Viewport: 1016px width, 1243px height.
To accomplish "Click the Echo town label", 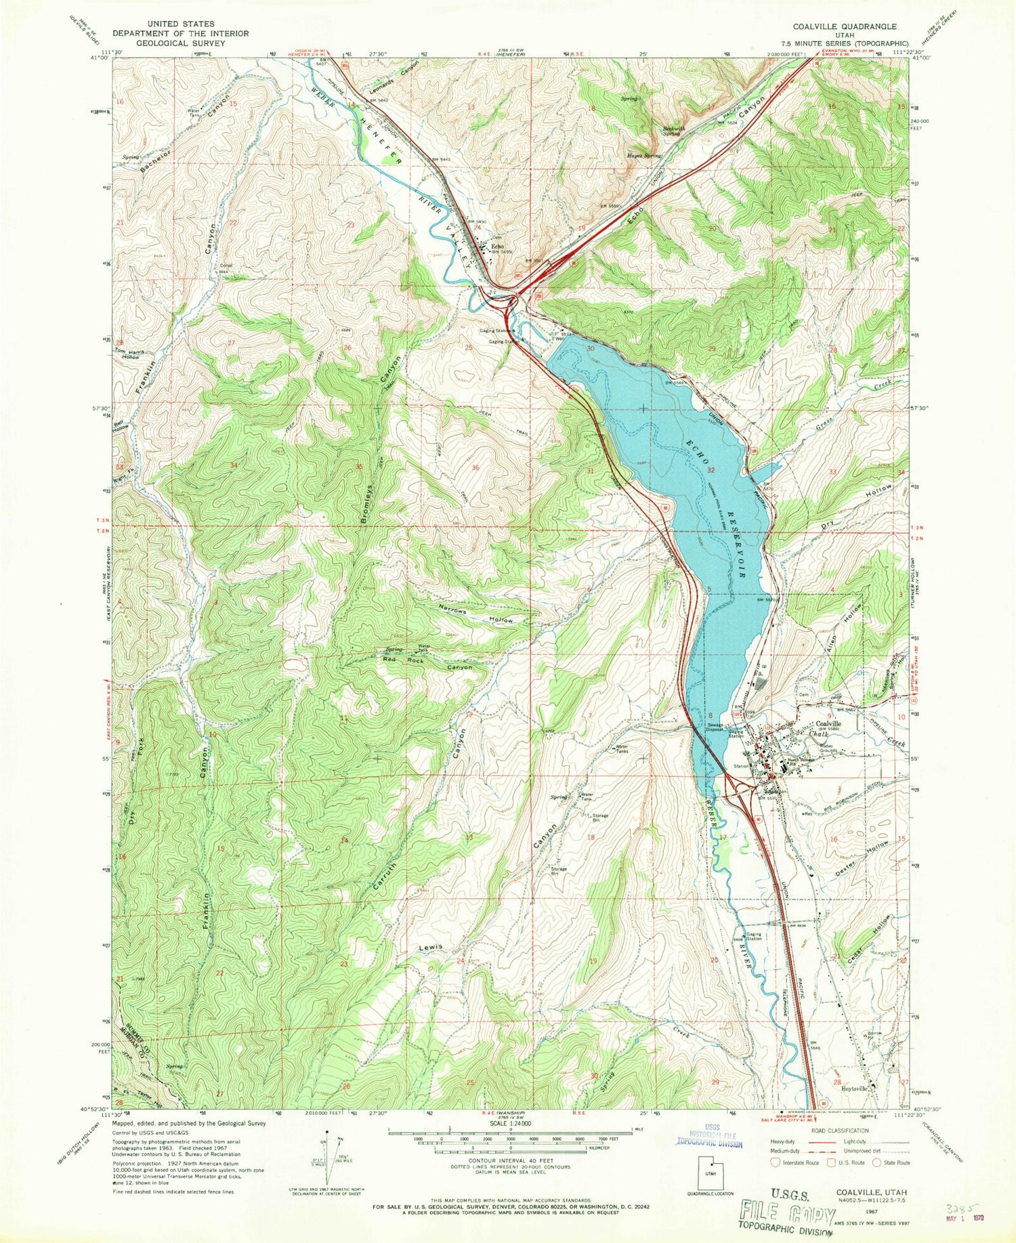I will click(x=496, y=247).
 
